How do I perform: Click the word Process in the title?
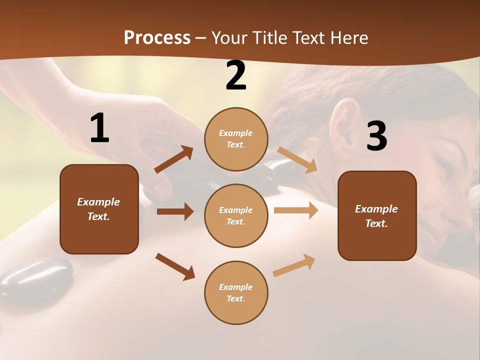pyautogui.click(x=157, y=38)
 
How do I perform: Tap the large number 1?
pyautogui.click(x=99, y=128)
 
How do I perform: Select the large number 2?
pyautogui.click(x=236, y=75)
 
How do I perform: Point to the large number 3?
pyautogui.click(x=376, y=136)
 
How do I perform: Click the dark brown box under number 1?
pyautogui.click(x=99, y=209)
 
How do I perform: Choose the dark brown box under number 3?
pyautogui.click(x=377, y=215)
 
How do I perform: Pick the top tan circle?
pyautogui.click(x=236, y=139)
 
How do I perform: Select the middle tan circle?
pyautogui.click(x=236, y=215)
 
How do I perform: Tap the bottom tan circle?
pyautogui.click(x=236, y=292)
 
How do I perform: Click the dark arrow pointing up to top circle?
pyautogui.click(x=174, y=159)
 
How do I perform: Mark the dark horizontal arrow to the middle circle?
pyautogui.click(x=175, y=211)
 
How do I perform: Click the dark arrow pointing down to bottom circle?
pyautogui.click(x=175, y=266)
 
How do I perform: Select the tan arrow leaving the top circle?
pyautogui.click(x=297, y=160)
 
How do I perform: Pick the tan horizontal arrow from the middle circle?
pyautogui.click(x=296, y=210)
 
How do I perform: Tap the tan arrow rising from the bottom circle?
pyautogui.click(x=294, y=265)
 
